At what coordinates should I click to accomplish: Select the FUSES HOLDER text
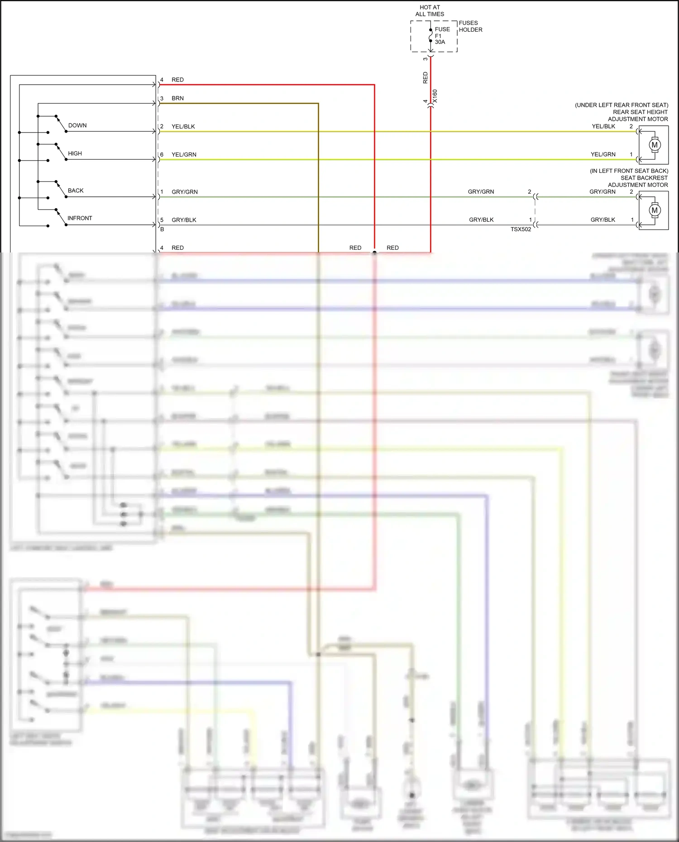470,26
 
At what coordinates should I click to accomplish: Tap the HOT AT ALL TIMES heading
430,11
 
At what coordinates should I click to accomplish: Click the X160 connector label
435,96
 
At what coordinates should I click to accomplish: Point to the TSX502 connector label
521,229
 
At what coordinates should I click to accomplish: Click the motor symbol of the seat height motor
654,145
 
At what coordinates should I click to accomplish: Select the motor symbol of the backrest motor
654,210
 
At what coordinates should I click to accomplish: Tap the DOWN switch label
77,125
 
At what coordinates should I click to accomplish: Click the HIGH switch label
75,153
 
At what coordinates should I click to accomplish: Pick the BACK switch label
76,190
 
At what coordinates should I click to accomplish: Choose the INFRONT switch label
80,218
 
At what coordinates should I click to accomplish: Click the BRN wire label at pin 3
177,98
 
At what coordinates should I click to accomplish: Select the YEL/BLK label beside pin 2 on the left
183,127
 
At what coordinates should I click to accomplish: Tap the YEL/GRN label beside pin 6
184,155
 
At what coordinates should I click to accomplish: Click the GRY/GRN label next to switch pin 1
184,192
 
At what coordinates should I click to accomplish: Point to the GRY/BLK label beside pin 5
184,220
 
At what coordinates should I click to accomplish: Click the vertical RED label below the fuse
425,78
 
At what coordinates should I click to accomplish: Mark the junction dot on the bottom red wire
374,252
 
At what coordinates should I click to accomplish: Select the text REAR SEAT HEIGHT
640,112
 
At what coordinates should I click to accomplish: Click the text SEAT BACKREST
644,178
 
